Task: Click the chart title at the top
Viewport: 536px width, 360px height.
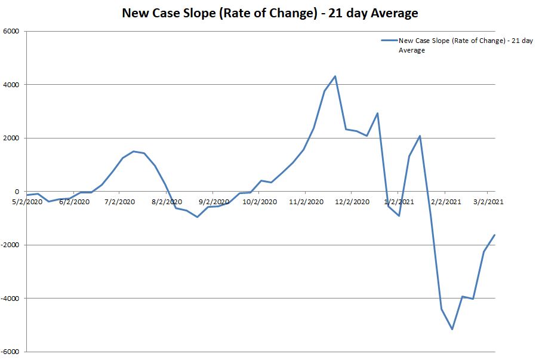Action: tap(270, 13)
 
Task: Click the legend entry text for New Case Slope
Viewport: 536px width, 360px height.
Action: tap(466, 45)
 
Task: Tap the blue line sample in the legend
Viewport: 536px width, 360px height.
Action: tap(389, 41)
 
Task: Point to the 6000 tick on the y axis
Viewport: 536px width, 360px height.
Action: tap(11, 31)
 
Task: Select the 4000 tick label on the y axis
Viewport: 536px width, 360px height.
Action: tap(11, 85)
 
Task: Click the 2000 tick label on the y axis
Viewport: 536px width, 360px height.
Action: tap(11, 138)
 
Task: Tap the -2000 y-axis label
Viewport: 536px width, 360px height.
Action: tap(10, 245)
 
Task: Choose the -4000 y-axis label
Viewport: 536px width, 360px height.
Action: tap(10, 299)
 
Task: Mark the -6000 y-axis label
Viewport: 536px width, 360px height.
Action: tap(10, 352)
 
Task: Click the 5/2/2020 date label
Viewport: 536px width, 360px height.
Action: tap(27, 202)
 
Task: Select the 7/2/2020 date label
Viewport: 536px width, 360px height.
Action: tap(119, 202)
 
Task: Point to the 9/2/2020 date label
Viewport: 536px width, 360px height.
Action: tap(213, 202)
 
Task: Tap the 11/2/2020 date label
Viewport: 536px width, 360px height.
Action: tap(305, 202)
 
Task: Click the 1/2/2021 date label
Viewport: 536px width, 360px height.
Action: tap(398, 202)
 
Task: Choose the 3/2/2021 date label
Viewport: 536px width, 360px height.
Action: tap(488, 202)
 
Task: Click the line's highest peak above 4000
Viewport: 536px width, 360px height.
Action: tap(335, 76)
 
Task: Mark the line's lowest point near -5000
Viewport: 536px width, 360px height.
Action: tap(452, 329)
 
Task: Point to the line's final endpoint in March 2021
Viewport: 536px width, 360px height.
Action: tap(495, 235)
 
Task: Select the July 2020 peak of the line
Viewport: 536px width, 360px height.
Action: tap(133, 151)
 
